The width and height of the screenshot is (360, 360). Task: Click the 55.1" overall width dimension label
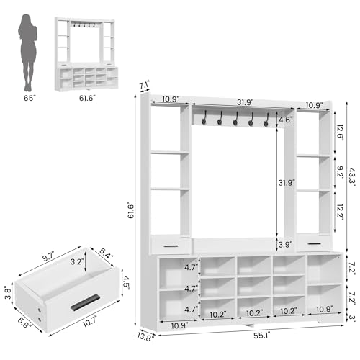pos(262,336)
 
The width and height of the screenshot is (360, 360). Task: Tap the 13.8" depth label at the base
pos(145,336)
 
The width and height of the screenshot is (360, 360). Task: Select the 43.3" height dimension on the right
pos(352,178)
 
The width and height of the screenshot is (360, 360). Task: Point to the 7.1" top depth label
pos(145,86)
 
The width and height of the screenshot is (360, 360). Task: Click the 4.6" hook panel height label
pos(286,120)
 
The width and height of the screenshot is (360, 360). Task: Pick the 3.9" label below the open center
pos(285,245)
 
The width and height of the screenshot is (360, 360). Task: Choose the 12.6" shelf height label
pos(340,132)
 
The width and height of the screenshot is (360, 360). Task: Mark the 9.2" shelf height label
pos(340,173)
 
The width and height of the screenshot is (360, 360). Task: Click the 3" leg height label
pos(352,318)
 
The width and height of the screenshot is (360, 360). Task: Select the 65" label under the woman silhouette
pos(30,98)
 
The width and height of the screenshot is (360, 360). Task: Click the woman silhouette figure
pos(28,53)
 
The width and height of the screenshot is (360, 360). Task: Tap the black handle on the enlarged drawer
pos(85,302)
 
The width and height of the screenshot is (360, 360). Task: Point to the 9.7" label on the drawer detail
pos(48,257)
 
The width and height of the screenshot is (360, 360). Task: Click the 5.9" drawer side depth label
pos(24,323)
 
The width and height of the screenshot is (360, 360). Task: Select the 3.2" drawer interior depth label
pos(77,261)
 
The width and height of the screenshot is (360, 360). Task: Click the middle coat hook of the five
pos(235,119)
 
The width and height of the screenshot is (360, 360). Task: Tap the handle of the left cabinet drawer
pos(171,246)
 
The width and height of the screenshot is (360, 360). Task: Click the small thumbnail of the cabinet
pos(86,54)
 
